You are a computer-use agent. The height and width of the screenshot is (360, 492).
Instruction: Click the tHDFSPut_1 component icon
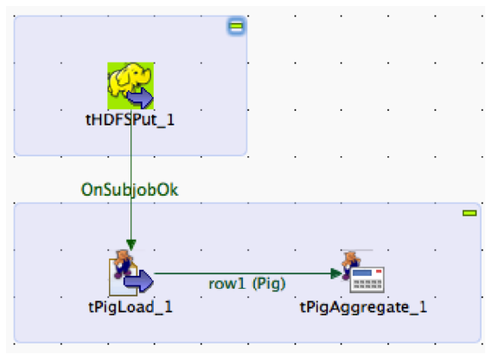(x=131, y=86)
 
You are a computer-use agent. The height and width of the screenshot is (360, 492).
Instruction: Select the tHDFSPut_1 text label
(x=130, y=120)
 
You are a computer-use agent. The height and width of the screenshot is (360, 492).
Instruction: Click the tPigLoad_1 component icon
(x=131, y=272)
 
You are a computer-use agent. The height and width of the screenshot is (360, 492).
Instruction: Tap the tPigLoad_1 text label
(x=131, y=307)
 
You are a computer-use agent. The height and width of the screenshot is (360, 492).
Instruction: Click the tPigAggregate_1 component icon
(x=363, y=272)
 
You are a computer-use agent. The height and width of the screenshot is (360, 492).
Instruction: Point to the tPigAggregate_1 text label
(x=363, y=308)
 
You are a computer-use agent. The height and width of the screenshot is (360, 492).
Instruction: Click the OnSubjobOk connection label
(x=130, y=190)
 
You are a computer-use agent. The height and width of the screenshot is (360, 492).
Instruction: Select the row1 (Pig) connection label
(x=247, y=284)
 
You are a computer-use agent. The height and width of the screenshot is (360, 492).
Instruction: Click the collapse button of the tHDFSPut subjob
(x=236, y=26)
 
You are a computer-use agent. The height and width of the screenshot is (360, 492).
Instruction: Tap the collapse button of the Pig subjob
(x=470, y=213)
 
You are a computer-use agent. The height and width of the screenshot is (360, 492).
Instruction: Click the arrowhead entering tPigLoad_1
(x=131, y=245)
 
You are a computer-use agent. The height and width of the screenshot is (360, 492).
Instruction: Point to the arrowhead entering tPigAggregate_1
(x=336, y=273)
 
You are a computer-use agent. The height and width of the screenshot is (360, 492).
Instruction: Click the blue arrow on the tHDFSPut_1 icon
(x=140, y=98)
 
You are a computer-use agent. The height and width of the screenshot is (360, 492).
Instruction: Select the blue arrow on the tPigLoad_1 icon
(x=138, y=281)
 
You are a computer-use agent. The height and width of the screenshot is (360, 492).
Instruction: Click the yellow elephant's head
(x=141, y=75)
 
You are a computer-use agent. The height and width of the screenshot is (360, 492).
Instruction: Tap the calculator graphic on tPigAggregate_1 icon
(x=367, y=280)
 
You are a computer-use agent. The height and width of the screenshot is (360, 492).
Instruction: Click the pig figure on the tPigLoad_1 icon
(x=124, y=263)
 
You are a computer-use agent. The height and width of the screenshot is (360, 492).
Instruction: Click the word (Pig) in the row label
(x=270, y=284)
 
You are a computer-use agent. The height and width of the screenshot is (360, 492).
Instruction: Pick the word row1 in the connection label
(x=227, y=284)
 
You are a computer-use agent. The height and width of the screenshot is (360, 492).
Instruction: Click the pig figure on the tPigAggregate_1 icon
(x=350, y=264)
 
